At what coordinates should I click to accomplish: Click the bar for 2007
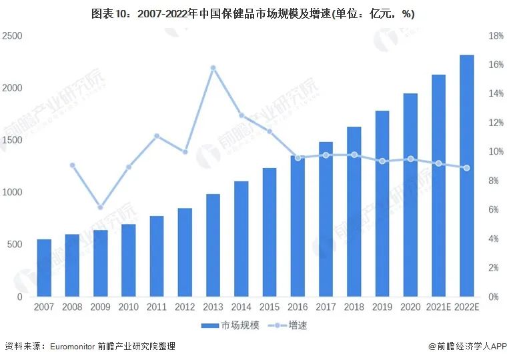44,267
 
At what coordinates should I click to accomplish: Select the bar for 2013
213,245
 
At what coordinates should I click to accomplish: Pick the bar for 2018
354,211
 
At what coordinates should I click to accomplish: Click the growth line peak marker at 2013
213,68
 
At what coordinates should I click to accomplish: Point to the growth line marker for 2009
100,207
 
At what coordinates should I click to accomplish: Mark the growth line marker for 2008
72,165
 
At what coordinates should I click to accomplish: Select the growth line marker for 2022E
466,168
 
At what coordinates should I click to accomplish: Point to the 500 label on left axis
14,245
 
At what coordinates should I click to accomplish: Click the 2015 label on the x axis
269,307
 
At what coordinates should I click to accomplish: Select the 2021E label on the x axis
438,307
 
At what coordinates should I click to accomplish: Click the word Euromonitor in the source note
70,347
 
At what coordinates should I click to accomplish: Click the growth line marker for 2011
157,136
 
